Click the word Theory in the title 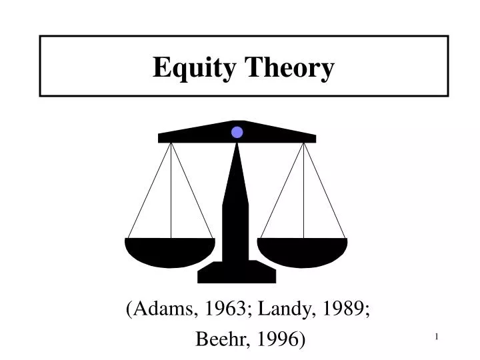[290, 68]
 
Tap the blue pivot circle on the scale [237, 132]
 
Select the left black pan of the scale [170, 251]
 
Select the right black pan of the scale [303, 251]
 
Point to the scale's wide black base [237, 272]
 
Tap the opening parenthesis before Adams [128, 309]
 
